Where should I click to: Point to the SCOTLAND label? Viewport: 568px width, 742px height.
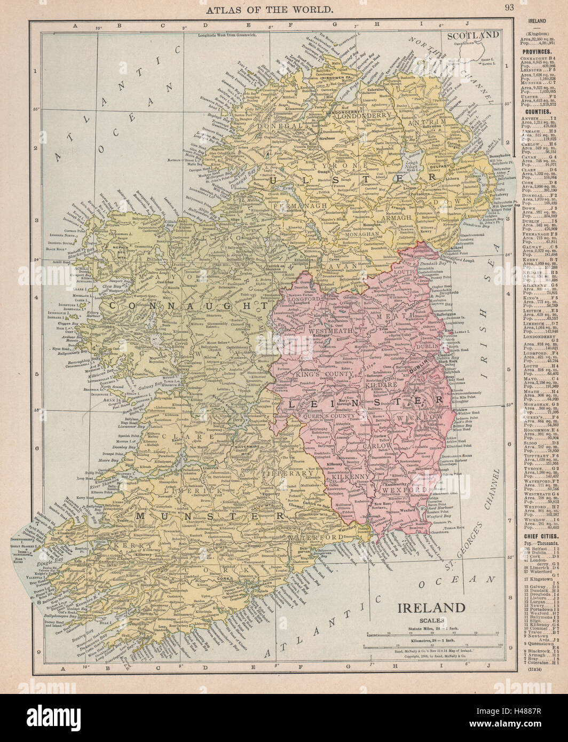click(473, 36)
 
